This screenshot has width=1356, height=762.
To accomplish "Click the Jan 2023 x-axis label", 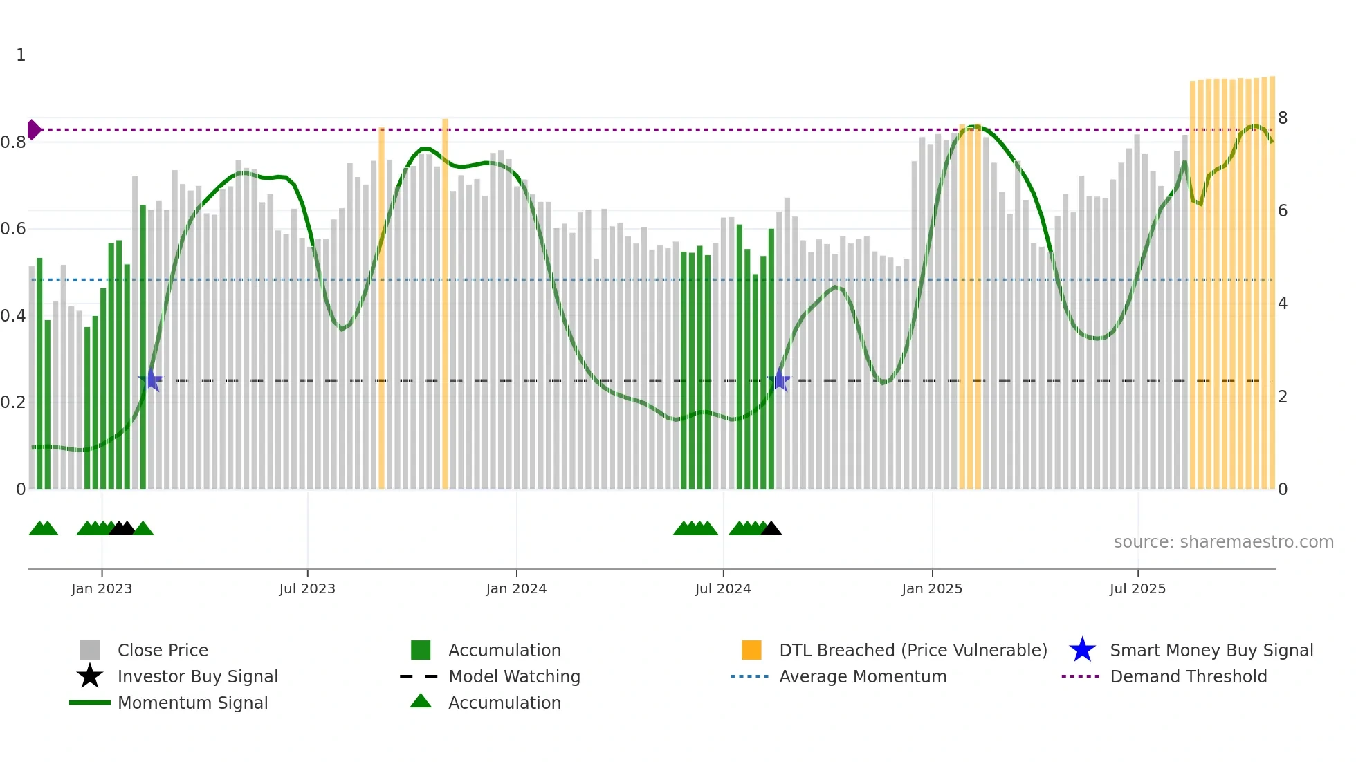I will click(102, 588).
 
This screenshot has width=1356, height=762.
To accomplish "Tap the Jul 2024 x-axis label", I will click(723, 588).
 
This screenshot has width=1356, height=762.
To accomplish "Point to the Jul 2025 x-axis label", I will click(1137, 588).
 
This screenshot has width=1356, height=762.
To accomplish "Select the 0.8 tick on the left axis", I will click(14, 142).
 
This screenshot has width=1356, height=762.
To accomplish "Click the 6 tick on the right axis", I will click(1283, 211).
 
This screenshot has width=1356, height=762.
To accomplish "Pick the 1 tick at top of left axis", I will click(21, 55).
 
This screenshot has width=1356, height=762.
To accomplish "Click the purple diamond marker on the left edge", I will click(33, 129).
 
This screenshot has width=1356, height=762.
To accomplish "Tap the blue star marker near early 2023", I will click(151, 380).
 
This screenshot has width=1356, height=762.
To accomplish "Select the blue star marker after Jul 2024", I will click(779, 380).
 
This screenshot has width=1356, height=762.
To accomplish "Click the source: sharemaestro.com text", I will click(1223, 541).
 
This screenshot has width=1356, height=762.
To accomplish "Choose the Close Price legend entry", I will click(163, 650).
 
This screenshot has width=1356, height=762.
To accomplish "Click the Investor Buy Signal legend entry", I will click(197, 676).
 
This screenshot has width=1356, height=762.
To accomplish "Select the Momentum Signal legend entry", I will click(192, 703).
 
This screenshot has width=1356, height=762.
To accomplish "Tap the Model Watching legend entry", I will click(514, 676).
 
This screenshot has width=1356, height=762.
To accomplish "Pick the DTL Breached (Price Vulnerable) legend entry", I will click(913, 650).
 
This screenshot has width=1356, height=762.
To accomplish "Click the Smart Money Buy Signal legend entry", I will click(1211, 650).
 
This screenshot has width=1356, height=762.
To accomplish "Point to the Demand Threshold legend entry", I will click(1188, 676).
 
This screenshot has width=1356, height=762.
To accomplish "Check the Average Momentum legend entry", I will click(863, 676).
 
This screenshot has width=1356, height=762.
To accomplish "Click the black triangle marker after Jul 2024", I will click(771, 529).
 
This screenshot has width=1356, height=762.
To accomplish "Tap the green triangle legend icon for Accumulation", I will click(421, 701).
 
